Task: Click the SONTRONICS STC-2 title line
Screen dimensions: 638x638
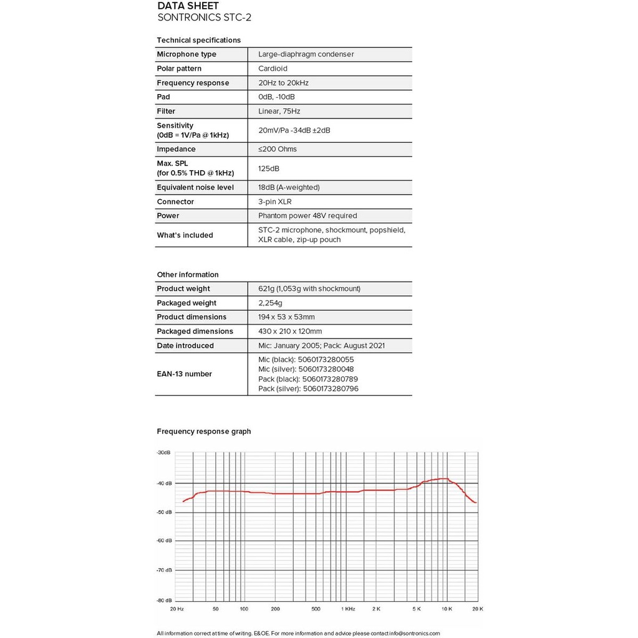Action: tap(204, 17)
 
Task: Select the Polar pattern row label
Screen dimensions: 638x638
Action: tap(179, 69)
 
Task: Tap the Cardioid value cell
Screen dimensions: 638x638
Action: tap(273, 69)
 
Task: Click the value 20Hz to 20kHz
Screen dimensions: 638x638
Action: tap(283, 83)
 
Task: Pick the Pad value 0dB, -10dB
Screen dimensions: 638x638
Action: tap(276, 97)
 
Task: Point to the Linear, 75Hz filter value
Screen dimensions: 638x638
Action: tap(279, 112)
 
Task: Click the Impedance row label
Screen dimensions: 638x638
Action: tap(176, 150)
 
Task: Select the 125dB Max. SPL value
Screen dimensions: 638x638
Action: tap(269, 169)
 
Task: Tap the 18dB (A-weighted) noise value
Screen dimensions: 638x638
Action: tap(289, 188)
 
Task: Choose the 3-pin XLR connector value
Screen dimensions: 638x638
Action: tap(274, 202)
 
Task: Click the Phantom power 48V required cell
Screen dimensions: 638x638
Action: tap(307, 216)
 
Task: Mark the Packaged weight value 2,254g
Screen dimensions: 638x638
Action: tap(270, 303)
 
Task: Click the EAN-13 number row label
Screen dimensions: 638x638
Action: tap(184, 374)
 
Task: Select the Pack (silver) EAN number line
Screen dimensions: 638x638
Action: tap(308, 389)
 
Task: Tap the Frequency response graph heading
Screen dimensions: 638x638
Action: tap(204, 431)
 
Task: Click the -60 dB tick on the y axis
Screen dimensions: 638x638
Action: tap(165, 540)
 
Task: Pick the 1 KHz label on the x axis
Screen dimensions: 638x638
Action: tap(347, 609)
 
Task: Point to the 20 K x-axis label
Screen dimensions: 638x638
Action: tap(477, 609)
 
